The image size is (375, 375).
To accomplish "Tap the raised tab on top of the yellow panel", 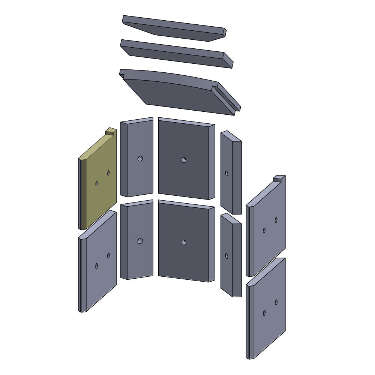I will (111, 131).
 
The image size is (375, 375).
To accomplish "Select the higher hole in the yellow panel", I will (108, 173).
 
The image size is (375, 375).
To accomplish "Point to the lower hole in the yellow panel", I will (96, 183).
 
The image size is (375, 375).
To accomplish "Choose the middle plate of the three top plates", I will (176, 53).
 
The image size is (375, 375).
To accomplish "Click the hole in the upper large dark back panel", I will (183, 160).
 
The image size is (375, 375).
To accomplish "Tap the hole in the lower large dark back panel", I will (183, 243).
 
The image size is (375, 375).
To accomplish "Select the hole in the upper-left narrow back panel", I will (140, 159).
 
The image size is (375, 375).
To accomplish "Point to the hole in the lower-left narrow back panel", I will (140, 241).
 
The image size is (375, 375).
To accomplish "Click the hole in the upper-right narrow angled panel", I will (226, 173).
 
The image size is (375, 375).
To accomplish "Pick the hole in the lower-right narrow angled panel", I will (226, 256).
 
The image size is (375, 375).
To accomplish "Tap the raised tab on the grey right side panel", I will (278, 178).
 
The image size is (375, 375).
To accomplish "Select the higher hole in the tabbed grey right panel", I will (276, 220).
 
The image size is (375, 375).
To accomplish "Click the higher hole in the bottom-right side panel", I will (276, 302).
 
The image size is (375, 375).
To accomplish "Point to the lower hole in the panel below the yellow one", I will (96, 266).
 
